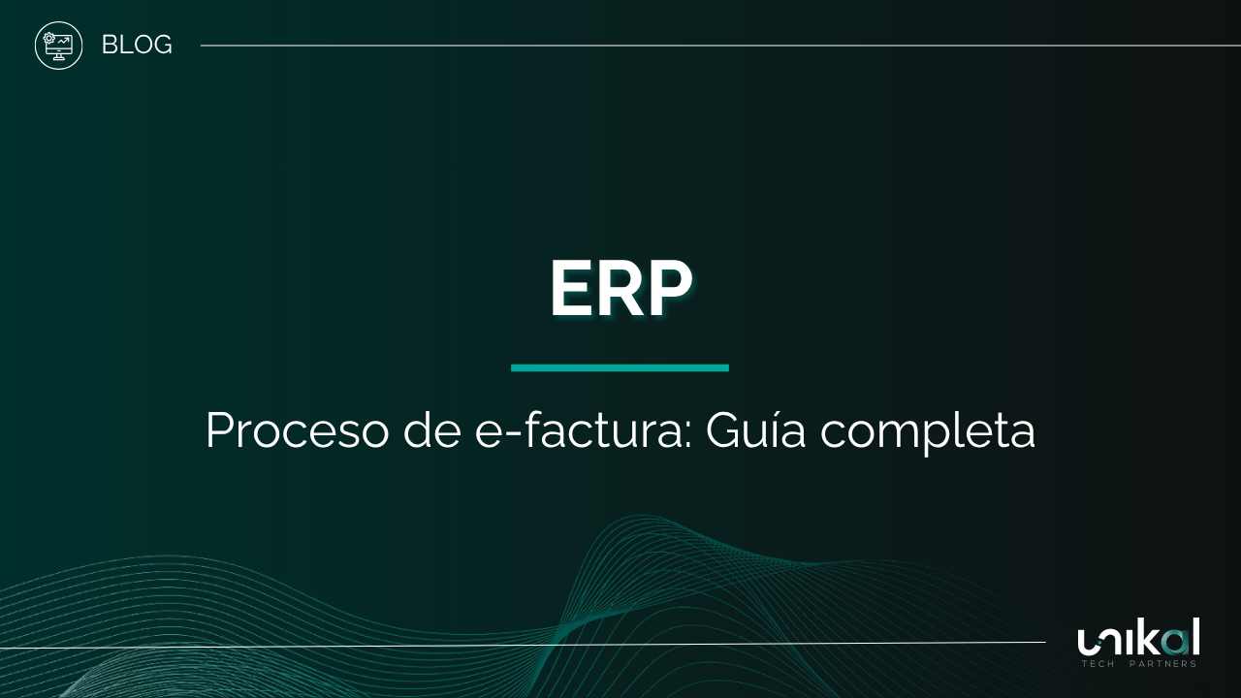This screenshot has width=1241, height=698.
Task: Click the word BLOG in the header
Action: [x=137, y=45]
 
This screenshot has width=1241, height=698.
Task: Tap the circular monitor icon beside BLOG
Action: [x=59, y=46]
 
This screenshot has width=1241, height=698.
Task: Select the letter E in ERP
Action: [x=572, y=290]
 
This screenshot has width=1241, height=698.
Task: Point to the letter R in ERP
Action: [x=621, y=290]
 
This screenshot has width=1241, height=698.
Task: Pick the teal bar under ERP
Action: [x=620, y=367]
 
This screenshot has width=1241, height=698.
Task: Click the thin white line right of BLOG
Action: [x=717, y=45]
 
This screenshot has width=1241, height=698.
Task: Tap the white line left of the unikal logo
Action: [x=524, y=645]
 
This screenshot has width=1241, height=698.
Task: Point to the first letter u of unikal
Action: [x=1089, y=642]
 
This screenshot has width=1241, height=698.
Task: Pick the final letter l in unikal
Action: [x=1195, y=636]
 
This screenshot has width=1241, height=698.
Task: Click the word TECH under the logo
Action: [x=1098, y=664]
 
